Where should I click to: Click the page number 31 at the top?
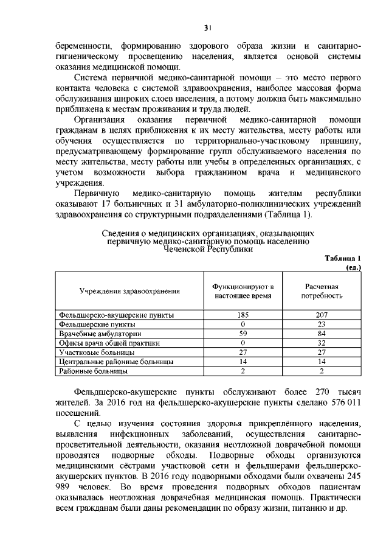(x=207, y=27)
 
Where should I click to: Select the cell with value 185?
(x=243, y=315)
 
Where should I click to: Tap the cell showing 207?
(x=322, y=315)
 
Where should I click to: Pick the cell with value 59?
(x=243, y=334)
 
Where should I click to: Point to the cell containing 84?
(x=322, y=334)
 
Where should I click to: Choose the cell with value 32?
(x=322, y=343)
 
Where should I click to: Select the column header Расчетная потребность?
(x=322, y=291)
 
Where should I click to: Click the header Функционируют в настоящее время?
(x=243, y=291)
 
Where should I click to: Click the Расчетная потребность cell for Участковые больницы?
(x=322, y=352)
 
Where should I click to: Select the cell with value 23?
(x=322, y=325)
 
